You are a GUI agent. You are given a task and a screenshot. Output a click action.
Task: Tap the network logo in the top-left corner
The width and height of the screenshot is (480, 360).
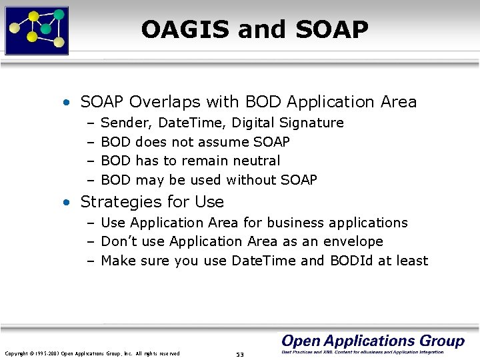point(37,30)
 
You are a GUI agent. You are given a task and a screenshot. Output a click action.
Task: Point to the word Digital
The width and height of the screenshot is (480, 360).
point(253,123)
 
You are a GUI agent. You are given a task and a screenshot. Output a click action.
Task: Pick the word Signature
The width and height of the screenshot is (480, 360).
point(311,123)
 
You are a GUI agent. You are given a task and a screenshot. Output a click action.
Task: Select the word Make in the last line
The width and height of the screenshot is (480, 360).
point(119,261)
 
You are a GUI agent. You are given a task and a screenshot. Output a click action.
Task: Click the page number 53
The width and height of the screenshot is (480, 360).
point(240,354)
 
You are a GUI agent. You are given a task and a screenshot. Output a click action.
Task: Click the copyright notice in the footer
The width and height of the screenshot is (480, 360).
point(92,353)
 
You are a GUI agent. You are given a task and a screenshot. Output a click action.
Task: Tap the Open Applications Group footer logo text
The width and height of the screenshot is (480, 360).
point(373,341)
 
